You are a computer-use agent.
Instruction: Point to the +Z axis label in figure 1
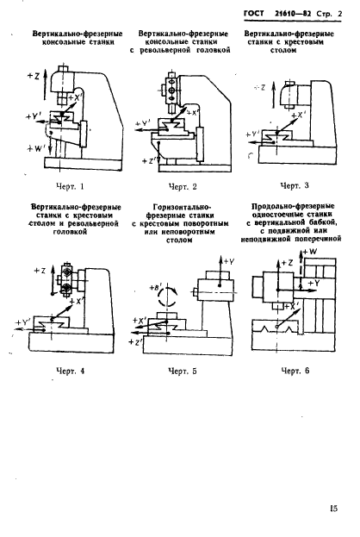tap(33, 77)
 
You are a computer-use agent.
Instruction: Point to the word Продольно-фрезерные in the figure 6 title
tap(294, 208)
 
